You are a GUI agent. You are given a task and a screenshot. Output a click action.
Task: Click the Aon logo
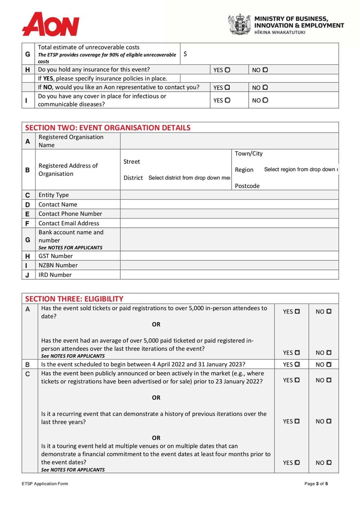coord(50,24)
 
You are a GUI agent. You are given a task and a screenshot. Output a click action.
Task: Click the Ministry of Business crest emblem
coord(239,24)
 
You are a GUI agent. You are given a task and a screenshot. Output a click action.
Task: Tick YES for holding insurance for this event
coord(227,70)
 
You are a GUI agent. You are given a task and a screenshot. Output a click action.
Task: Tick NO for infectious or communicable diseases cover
coord(265,100)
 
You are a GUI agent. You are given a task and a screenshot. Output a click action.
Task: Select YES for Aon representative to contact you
coord(227,87)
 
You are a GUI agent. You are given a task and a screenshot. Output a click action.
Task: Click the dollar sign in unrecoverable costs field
coord(185,54)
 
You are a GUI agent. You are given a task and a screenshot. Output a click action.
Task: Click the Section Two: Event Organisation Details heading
coord(108,128)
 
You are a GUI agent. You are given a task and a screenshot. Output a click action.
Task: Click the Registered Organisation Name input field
coord(229,141)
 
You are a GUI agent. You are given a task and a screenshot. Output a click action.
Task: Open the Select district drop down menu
coord(189,178)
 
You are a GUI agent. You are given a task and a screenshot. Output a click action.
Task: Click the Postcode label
coord(247,186)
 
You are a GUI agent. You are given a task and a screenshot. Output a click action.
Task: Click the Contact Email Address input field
coord(229,223)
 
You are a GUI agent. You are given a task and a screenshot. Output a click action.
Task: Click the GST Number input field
coord(229,256)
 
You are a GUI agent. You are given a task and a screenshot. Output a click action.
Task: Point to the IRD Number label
coord(55,275)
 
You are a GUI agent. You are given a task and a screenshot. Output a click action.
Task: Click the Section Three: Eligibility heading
coord(74,299)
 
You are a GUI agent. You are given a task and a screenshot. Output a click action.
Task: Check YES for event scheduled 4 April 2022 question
coord(297,365)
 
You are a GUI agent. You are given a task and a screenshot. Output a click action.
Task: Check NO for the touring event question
coord(329,463)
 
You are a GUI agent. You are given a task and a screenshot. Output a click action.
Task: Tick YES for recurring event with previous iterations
coord(297,421)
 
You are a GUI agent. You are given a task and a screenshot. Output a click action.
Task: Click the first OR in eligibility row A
coord(156,324)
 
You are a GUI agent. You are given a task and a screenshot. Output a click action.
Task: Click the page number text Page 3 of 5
coord(316,484)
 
